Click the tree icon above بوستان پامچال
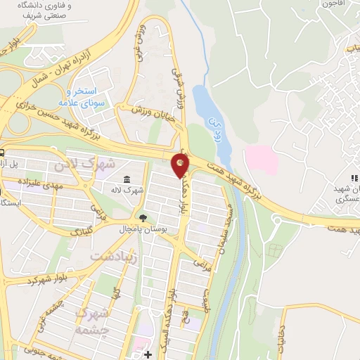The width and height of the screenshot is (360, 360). click(x=144, y=218)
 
